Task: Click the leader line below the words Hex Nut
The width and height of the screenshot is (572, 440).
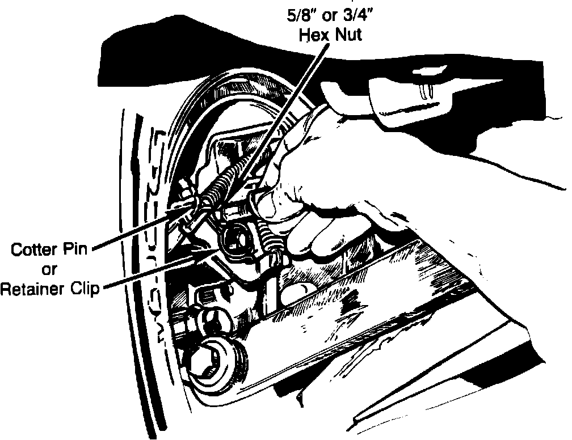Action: pyautogui.click(x=295, y=102)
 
